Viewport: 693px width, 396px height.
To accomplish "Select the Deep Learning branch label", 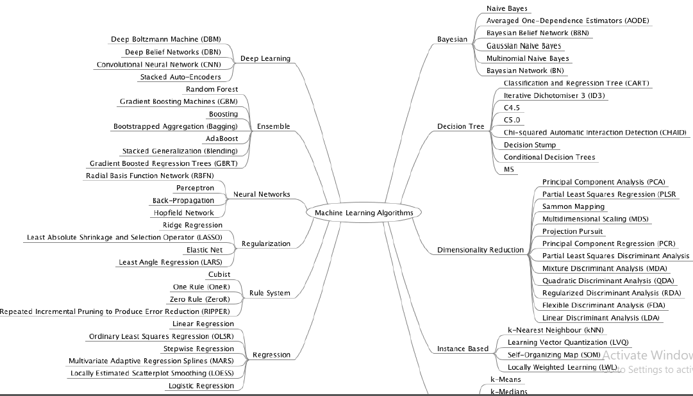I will (265, 58).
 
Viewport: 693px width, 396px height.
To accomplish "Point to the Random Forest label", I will (212, 89).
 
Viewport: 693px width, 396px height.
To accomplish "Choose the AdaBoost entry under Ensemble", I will (221, 138).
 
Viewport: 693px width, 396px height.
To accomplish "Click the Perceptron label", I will (195, 188).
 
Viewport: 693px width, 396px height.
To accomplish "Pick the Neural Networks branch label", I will (262, 194).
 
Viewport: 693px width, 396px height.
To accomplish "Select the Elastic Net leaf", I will (205, 250).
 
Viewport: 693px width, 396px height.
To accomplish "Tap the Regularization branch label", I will (265, 243).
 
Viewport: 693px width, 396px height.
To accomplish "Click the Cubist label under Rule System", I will (219, 274).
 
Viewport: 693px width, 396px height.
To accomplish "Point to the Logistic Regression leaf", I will (201, 386).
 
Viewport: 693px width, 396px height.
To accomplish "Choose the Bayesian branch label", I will (452, 40).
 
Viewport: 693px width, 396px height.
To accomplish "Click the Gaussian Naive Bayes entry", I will (523, 46).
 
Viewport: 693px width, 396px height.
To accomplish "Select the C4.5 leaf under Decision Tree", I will (512, 108).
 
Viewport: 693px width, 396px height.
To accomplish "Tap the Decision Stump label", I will (530, 145).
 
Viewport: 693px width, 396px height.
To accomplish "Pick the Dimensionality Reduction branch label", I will (480, 250).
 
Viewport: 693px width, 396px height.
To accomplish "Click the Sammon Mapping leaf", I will (573, 206).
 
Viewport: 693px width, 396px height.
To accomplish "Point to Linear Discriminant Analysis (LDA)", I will (600, 318).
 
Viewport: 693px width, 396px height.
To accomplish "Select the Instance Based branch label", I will (462, 349).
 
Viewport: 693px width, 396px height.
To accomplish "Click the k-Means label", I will (505, 379).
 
